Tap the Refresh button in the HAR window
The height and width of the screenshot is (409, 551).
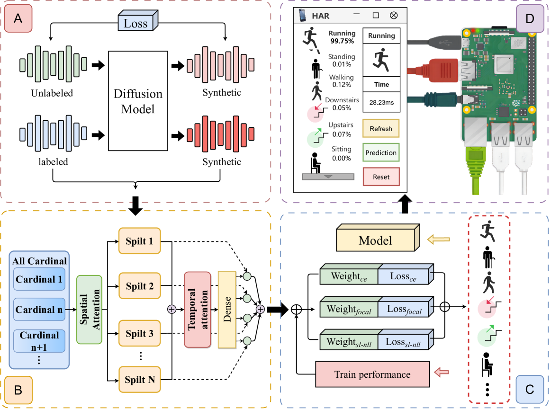pyautogui.click(x=381, y=129)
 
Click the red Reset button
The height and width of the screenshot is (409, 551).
pyautogui.click(x=381, y=177)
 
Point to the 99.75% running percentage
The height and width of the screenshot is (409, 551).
pyautogui.click(x=342, y=41)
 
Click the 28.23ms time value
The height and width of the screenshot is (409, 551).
pyautogui.click(x=381, y=102)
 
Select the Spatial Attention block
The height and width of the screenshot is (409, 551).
pyautogui.click(x=89, y=310)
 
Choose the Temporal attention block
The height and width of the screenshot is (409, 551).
pyautogui.click(x=197, y=310)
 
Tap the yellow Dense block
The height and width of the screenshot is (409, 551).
pyautogui.click(x=226, y=310)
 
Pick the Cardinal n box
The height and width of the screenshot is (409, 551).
pyautogui.click(x=39, y=310)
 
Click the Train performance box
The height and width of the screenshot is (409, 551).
pyautogui.click(x=372, y=374)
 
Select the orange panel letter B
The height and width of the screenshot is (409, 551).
pyautogui.click(x=18, y=390)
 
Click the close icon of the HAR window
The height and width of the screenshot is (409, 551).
pyautogui.click(x=394, y=16)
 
